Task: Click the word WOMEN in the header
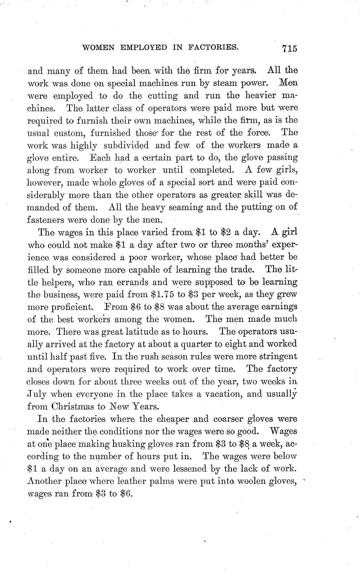pyautogui.click(x=99, y=48)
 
